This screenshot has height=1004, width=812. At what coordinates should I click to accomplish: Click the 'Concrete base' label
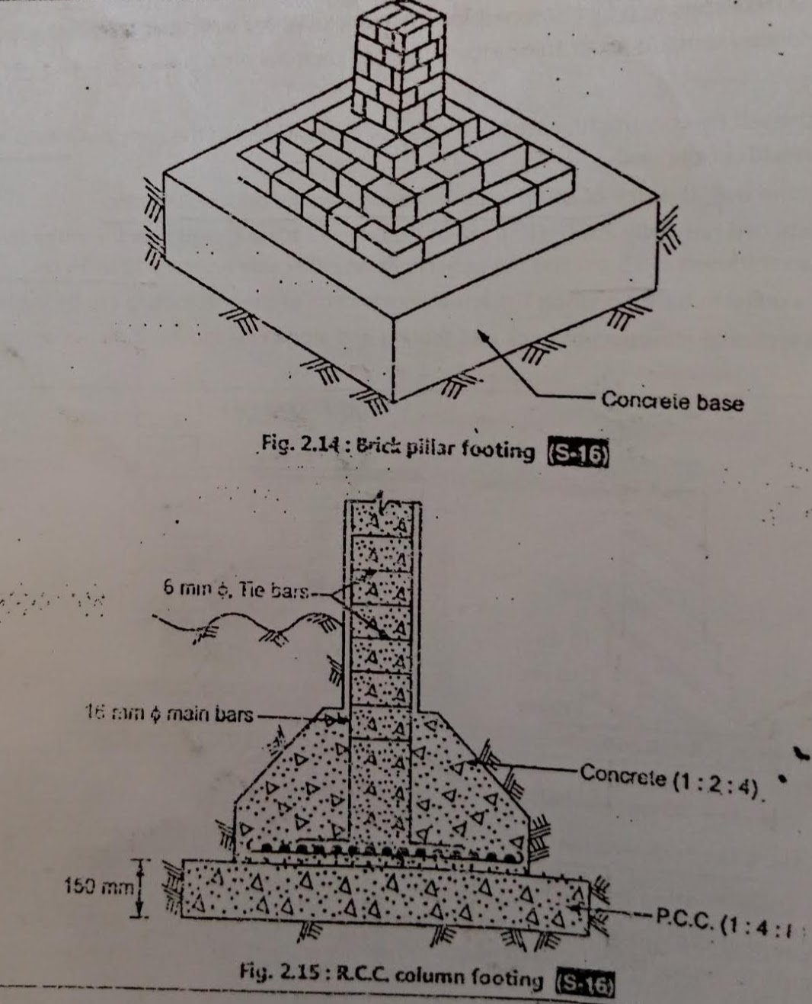(x=672, y=401)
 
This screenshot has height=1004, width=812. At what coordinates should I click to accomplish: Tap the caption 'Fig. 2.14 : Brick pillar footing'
(x=398, y=448)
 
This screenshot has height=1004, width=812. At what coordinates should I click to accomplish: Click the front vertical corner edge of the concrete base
(x=392, y=358)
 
